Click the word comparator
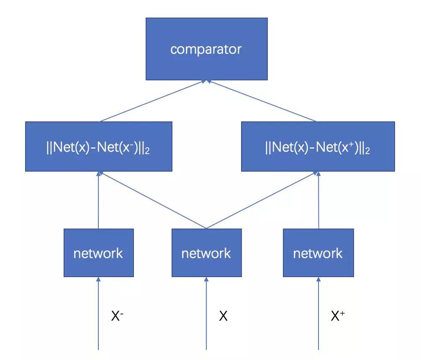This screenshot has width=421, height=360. pos(206,49)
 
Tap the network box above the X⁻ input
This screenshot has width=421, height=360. pos(98,253)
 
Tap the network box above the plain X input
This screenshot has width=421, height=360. pos(206,253)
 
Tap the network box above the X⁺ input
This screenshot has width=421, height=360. pos(318,253)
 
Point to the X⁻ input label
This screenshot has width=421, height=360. pos(117,316)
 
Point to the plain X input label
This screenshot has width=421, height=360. pos(223,316)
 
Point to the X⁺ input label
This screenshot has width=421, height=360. pos(337,316)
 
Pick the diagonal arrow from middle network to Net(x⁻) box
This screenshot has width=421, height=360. pos(152,200)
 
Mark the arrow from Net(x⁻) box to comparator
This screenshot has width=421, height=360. pos(152,101)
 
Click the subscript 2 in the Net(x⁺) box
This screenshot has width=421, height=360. pos(367,151)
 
